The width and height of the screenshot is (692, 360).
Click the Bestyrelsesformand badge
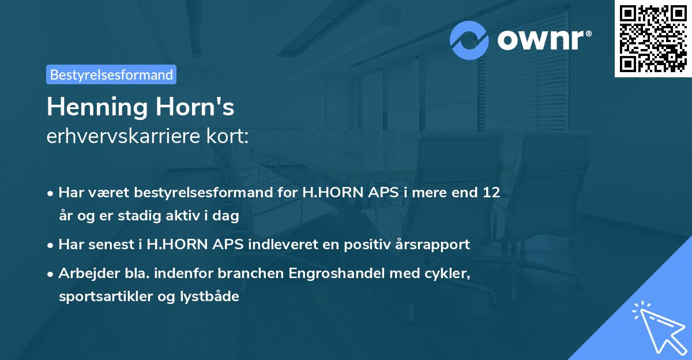[111, 74]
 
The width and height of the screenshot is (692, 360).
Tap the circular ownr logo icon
[470, 40]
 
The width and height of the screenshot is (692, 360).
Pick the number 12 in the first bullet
[491, 193]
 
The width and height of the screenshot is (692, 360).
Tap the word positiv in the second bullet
[368, 245]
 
